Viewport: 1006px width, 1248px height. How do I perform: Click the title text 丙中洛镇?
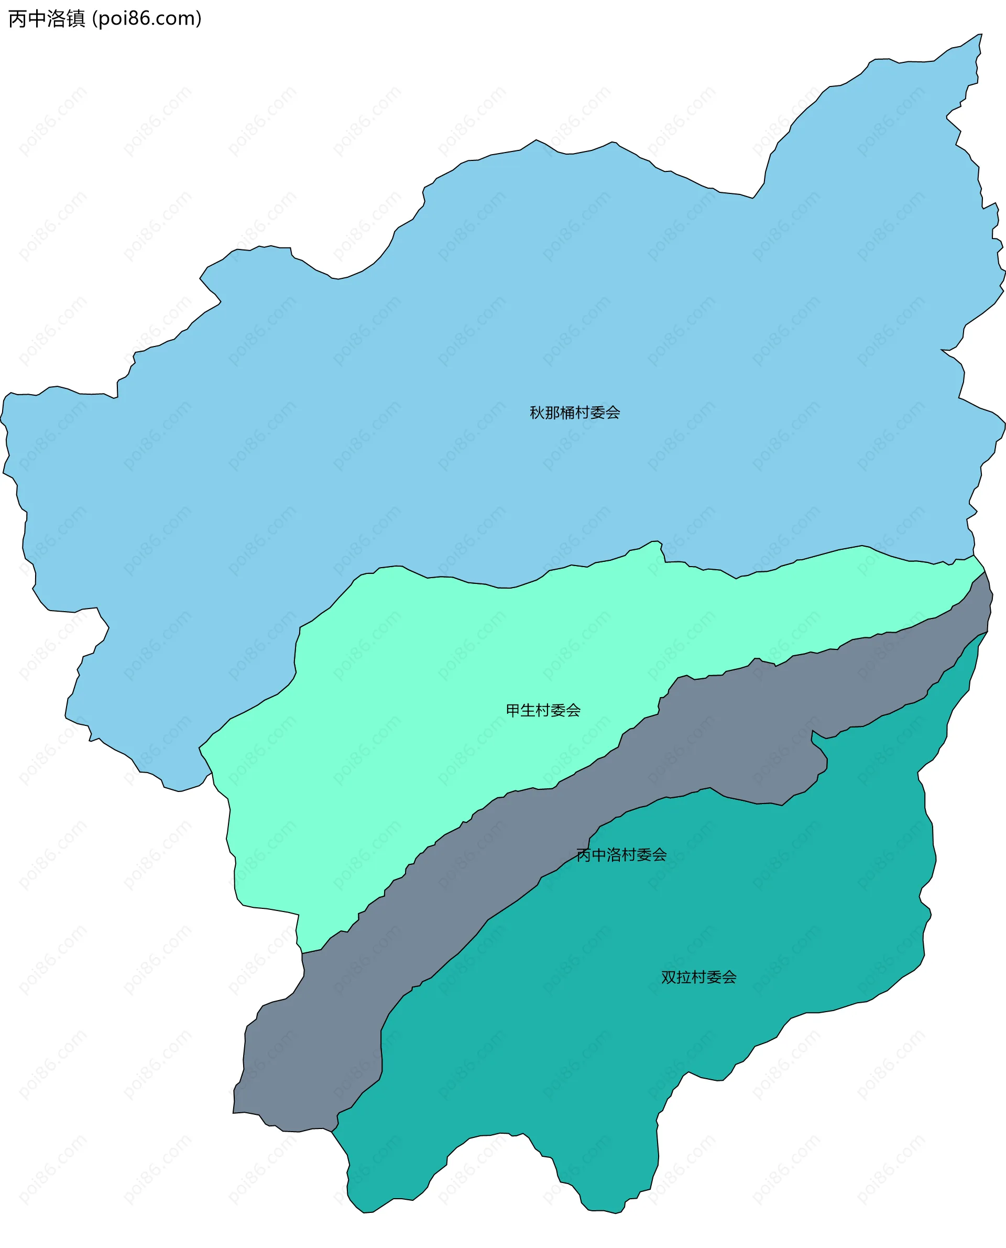click(x=46, y=18)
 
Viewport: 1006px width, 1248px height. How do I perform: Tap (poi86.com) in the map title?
click(x=147, y=18)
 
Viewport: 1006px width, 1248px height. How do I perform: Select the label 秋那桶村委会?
click(x=575, y=413)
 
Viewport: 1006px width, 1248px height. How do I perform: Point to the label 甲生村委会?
click(x=543, y=710)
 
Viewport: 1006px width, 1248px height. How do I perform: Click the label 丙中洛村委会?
click(x=621, y=855)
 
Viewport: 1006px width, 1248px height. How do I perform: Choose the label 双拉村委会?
click(x=698, y=978)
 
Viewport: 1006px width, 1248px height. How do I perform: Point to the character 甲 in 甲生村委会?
click(x=513, y=710)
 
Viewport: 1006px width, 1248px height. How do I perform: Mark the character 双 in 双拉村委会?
click(x=669, y=978)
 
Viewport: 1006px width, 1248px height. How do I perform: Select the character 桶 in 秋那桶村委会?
click(x=567, y=413)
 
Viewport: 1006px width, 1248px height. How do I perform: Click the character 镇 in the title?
click(x=76, y=18)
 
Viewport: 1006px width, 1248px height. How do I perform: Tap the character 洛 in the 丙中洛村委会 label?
click(x=614, y=855)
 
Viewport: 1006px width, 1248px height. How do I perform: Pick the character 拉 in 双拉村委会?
click(x=684, y=978)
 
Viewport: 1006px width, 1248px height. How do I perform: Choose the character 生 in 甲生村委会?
click(x=528, y=710)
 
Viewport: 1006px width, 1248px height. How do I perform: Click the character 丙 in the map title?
click(x=17, y=18)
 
